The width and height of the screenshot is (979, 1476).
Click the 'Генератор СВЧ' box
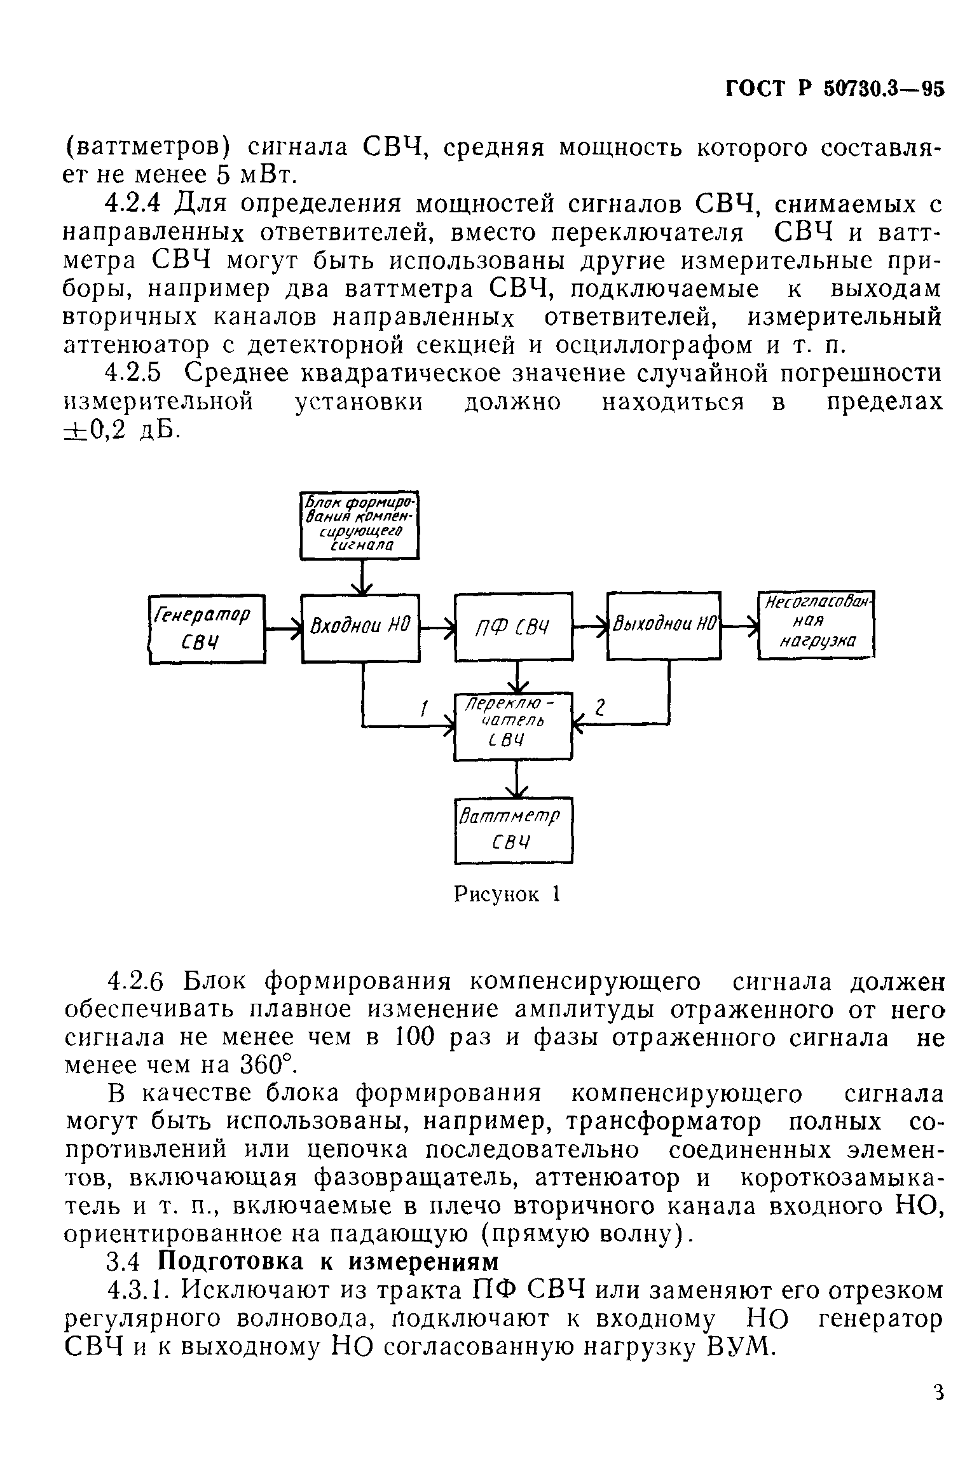coord(207,629)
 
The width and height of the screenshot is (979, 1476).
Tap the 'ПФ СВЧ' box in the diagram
coord(513,627)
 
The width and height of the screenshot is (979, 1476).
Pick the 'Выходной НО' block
coord(664,626)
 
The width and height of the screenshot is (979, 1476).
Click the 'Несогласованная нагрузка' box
coord(816,625)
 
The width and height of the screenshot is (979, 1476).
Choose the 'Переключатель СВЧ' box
coord(514,725)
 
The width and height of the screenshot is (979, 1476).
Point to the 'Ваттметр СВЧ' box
coord(514,830)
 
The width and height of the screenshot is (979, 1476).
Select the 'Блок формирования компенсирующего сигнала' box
coord(360,525)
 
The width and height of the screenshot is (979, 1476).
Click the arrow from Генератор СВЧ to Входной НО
coord(284,629)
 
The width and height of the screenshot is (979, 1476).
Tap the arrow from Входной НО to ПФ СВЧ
coord(437,629)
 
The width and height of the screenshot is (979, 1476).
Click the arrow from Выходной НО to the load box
coord(740,627)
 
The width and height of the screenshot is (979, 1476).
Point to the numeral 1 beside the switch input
coord(425,707)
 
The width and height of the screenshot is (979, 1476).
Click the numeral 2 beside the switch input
coord(600,707)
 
